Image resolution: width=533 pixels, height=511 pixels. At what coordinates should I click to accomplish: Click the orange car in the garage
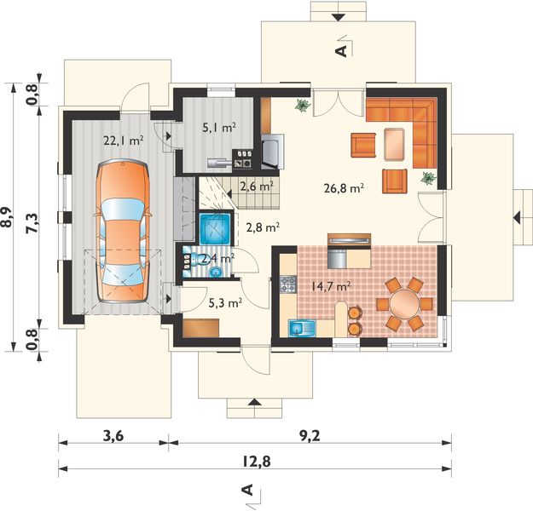click(x=123, y=231)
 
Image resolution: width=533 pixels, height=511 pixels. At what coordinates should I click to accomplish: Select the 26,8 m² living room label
click(x=345, y=187)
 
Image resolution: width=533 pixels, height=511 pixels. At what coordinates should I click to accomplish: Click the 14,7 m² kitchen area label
click(x=331, y=286)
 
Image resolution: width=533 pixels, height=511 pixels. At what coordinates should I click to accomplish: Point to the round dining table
click(x=405, y=303)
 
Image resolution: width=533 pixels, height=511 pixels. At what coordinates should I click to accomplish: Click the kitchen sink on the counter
click(x=302, y=328)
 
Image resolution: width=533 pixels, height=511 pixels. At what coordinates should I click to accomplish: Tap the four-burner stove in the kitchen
click(x=288, y=284)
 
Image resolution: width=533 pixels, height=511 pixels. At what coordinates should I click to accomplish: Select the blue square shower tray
click(x=215, y=228)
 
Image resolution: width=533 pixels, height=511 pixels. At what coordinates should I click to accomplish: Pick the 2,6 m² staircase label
click(x=257, y=187)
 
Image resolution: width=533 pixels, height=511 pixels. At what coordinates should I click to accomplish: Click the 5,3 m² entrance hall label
click(x=225, y=302)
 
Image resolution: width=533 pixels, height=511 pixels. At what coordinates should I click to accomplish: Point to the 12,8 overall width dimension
click(x=257, y=461)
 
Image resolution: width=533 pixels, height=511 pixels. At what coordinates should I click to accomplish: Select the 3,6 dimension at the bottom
click(x=113, y=435)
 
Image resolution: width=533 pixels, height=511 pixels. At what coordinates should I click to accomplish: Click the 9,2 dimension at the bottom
click(x=310, y=435)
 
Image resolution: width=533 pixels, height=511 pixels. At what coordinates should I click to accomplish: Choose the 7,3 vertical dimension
click(x=33, y=224)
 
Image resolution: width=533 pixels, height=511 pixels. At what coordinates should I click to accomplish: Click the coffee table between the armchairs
click(x=394, y=144)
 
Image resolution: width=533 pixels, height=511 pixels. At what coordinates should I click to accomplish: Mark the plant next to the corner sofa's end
click(x=429, y=178)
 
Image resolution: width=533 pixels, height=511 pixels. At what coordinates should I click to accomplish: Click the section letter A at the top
click(x=341, y=51)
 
